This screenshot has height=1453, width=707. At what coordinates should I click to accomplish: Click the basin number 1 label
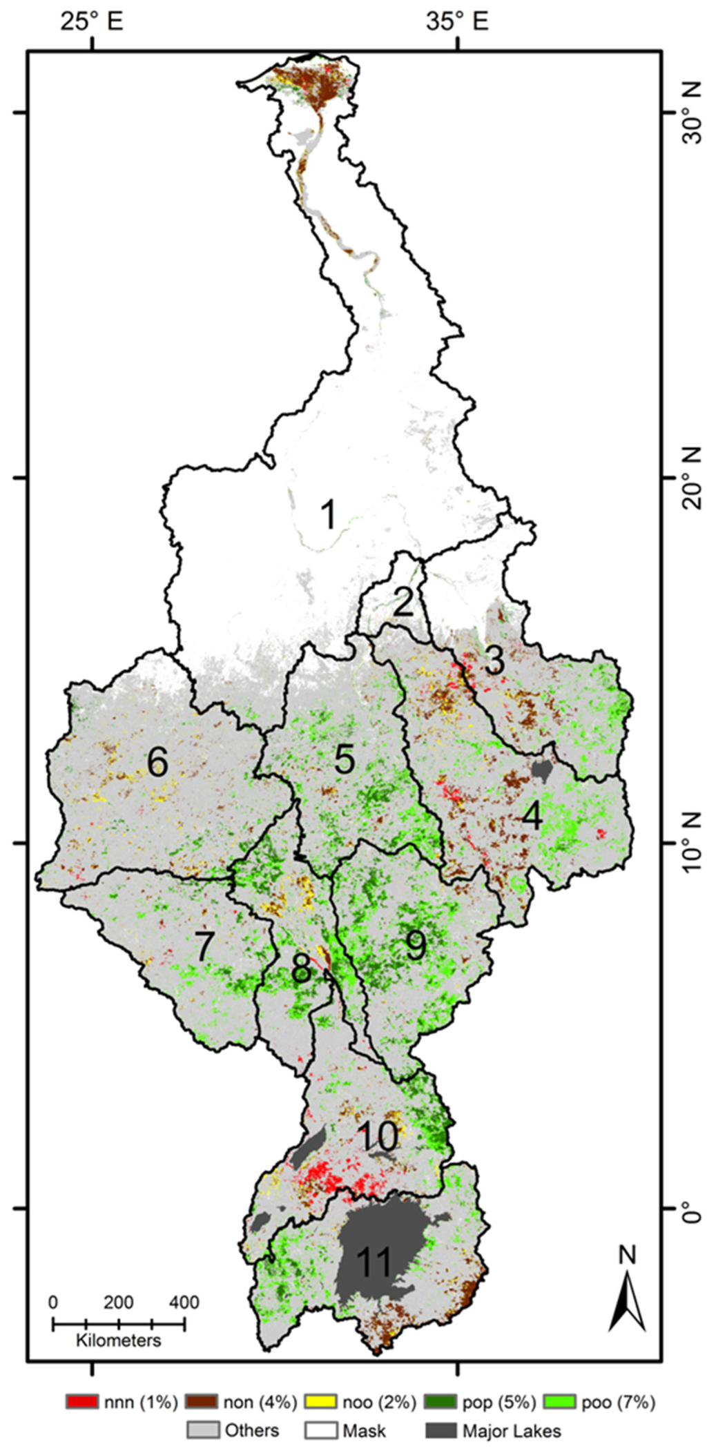[329, 515]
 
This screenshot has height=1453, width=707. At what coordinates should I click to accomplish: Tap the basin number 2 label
[403, 602]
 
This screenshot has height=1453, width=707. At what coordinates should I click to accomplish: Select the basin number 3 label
[494, 661]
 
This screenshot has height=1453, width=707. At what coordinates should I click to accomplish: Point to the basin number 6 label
[157, 763]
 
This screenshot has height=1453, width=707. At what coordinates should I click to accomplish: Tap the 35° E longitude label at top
[458, 22]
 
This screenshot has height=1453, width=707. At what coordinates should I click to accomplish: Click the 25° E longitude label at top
[91, 22]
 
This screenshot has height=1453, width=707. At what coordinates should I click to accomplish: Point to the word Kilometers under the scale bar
[119, 1340]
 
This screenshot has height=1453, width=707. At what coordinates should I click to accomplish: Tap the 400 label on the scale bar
[184, 1303]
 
